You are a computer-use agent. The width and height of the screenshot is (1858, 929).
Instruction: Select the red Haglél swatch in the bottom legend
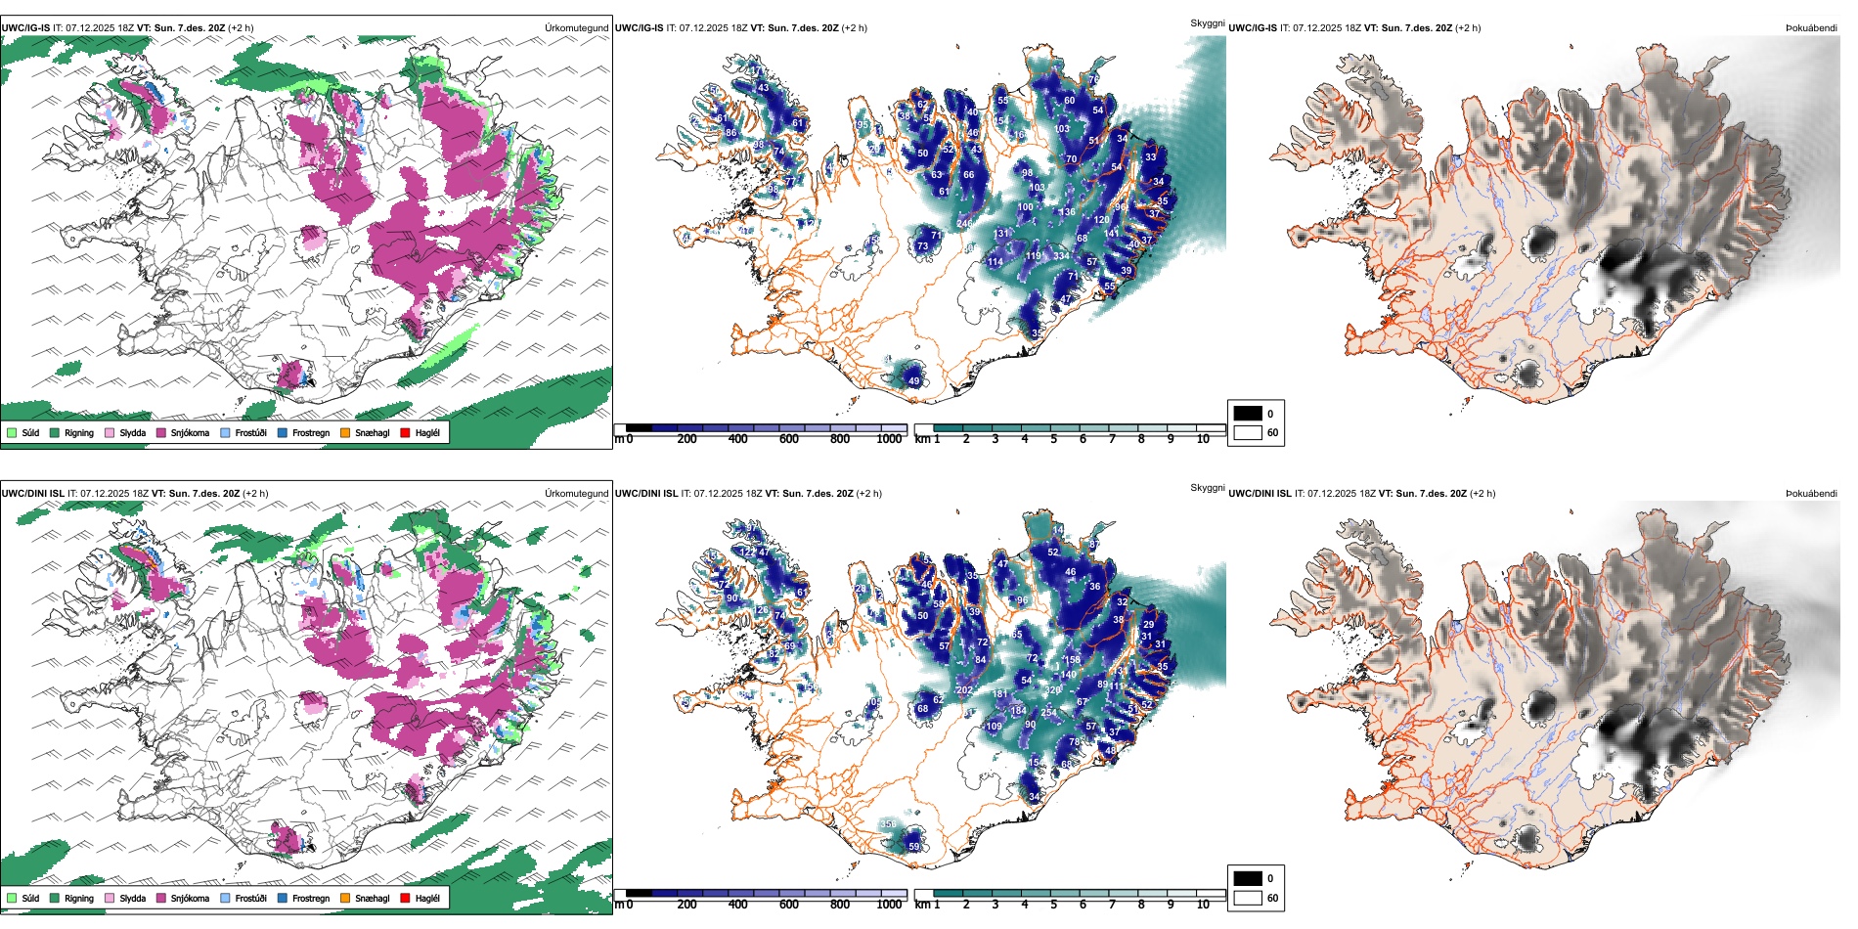pos(406,898)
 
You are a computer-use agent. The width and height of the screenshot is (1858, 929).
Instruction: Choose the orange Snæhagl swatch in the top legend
pos(345,432)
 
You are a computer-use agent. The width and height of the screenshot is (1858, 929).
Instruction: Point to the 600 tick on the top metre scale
pos(789,439)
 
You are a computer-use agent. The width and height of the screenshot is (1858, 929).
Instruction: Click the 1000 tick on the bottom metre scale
pos(889,905)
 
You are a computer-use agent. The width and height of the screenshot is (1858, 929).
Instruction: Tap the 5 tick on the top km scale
pos(1053,439)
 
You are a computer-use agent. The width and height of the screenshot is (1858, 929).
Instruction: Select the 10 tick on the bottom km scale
pos(1203,905)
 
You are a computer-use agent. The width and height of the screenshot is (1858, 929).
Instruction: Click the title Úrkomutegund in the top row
pos(576,28)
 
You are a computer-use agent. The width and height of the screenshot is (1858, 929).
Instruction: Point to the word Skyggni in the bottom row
pos(1207,487)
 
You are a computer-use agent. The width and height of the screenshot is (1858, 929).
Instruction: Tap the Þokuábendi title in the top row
pos(1811,28)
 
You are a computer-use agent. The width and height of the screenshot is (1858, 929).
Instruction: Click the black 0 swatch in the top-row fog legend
pos(1248,414)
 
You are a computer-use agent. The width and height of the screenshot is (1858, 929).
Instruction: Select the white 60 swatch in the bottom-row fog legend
pos(1248,898)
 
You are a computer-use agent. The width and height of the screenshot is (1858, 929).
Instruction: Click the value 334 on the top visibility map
pos(1061,256)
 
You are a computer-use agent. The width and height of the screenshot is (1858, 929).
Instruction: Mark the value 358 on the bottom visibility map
pos(888,824)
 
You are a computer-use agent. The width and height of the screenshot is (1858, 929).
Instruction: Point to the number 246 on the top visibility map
pos(964,224)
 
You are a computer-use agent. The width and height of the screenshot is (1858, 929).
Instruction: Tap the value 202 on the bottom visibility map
pos(964,690)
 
